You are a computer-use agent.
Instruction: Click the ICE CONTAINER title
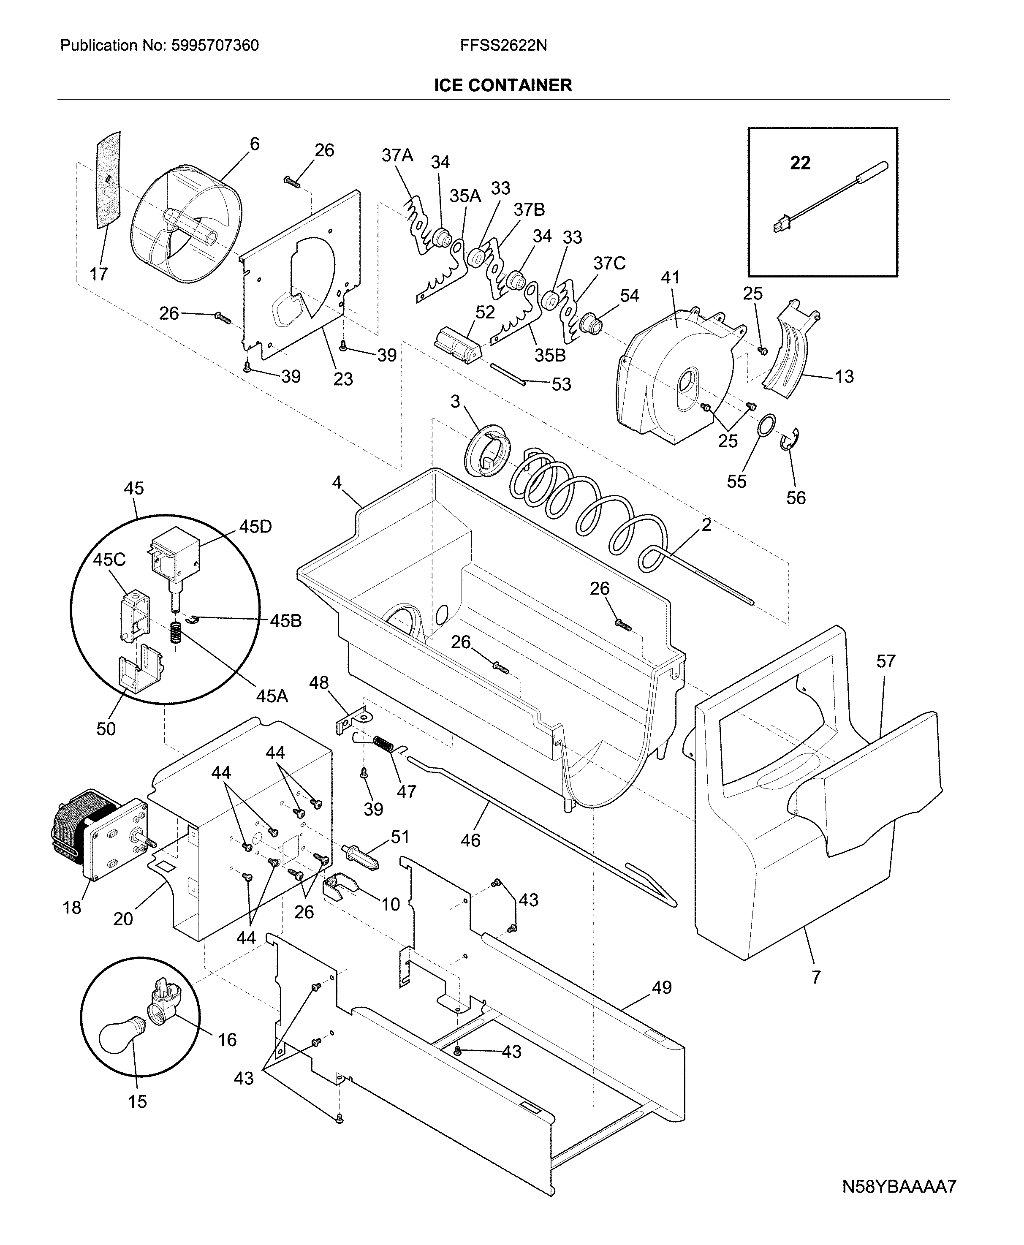click(502, 85)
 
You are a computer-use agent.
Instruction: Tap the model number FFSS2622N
click(503, 46)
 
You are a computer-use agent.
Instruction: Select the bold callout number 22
click(800, 163)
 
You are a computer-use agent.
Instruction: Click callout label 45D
click(255, 527)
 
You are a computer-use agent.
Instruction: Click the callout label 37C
click(609, 263)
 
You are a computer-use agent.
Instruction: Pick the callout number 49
click(662, 987)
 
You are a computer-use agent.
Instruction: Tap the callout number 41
click(670, 278)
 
